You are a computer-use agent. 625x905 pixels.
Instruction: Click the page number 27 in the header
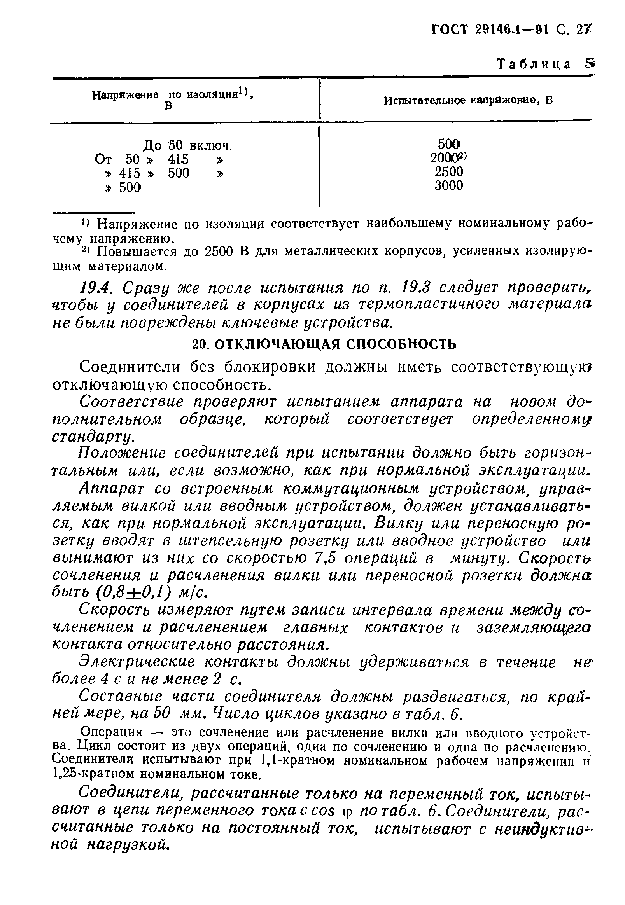pos(583,30)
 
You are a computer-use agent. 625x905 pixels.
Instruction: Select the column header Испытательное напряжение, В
pos(468,101)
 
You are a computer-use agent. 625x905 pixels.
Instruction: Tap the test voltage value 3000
pos(449,185)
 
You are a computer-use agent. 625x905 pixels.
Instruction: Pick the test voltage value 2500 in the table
pos(449,171)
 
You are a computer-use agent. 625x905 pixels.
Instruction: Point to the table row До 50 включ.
pos(187,146)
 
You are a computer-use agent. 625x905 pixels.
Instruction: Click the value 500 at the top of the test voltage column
pos(448,144)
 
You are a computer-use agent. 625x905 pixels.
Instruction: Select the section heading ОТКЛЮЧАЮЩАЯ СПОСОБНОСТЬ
pos(336,344)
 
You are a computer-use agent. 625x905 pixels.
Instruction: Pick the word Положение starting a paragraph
pos(122,454)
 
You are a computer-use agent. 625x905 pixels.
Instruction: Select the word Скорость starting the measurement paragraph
pos(116,610)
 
